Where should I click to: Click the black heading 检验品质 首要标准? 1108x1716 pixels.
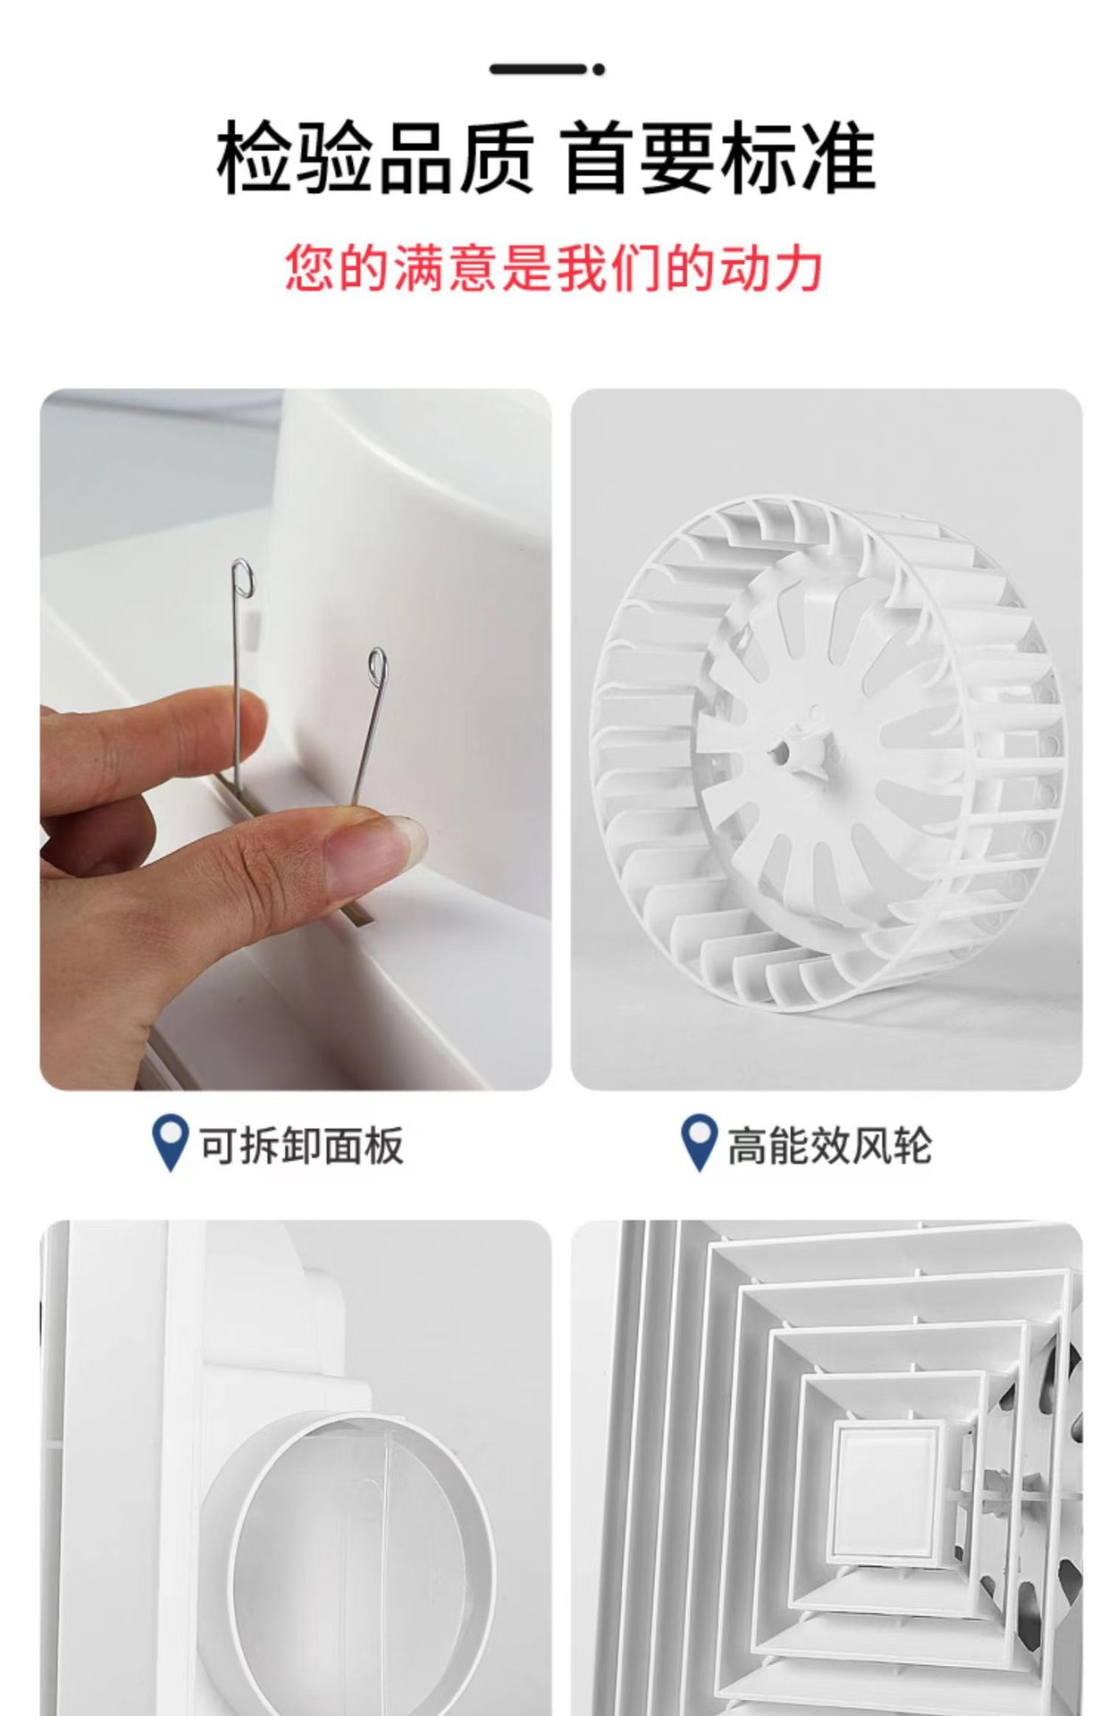(x=546, y=158)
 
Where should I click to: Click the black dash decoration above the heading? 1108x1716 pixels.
(x=538, y=69)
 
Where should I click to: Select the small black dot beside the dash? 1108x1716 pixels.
(x=599, y=69)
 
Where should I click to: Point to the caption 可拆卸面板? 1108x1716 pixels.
(x=300, y=1146)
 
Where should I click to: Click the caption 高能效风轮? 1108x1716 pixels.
(x=829, y=1146)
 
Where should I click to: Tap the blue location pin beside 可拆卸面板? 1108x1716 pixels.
(x=170, y=1143)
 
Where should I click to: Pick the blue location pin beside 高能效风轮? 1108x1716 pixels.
(x=699, y=1143)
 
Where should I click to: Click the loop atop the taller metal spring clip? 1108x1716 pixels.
(x=240, y=578)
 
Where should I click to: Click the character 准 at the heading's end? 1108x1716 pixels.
(x=837, y=158)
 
